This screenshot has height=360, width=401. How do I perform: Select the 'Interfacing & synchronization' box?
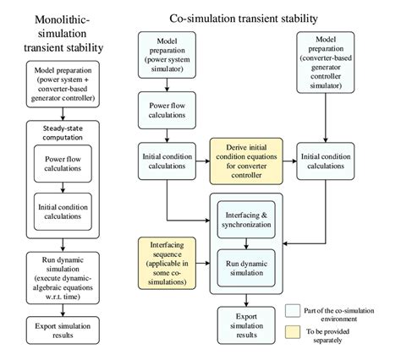246,220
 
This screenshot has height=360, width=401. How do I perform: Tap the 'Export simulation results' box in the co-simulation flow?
246,324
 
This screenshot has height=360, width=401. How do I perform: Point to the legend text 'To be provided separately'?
334,336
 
